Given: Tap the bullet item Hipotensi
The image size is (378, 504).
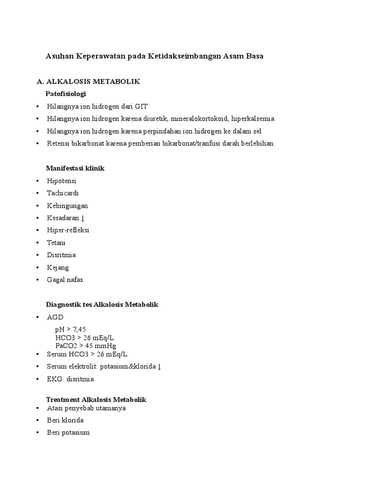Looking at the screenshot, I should [62, 181].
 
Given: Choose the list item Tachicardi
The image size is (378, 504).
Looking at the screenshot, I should [63, 193].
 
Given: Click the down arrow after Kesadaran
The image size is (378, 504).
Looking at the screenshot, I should [83, 218].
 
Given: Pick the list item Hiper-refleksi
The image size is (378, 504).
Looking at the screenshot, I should [68, 230].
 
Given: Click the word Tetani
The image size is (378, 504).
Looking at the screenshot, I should [56, 243].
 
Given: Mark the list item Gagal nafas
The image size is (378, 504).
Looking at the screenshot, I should [65, 280].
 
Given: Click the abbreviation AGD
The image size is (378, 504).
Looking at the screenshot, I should [55, 317].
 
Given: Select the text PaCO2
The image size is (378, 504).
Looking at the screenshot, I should [65, 346].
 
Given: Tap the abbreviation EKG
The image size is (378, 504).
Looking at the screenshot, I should [54, 379].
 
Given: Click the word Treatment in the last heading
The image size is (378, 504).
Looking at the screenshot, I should [63, 400].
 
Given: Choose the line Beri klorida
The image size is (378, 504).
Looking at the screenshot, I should [65, 420].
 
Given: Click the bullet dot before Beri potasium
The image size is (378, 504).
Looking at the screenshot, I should [38, 433].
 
